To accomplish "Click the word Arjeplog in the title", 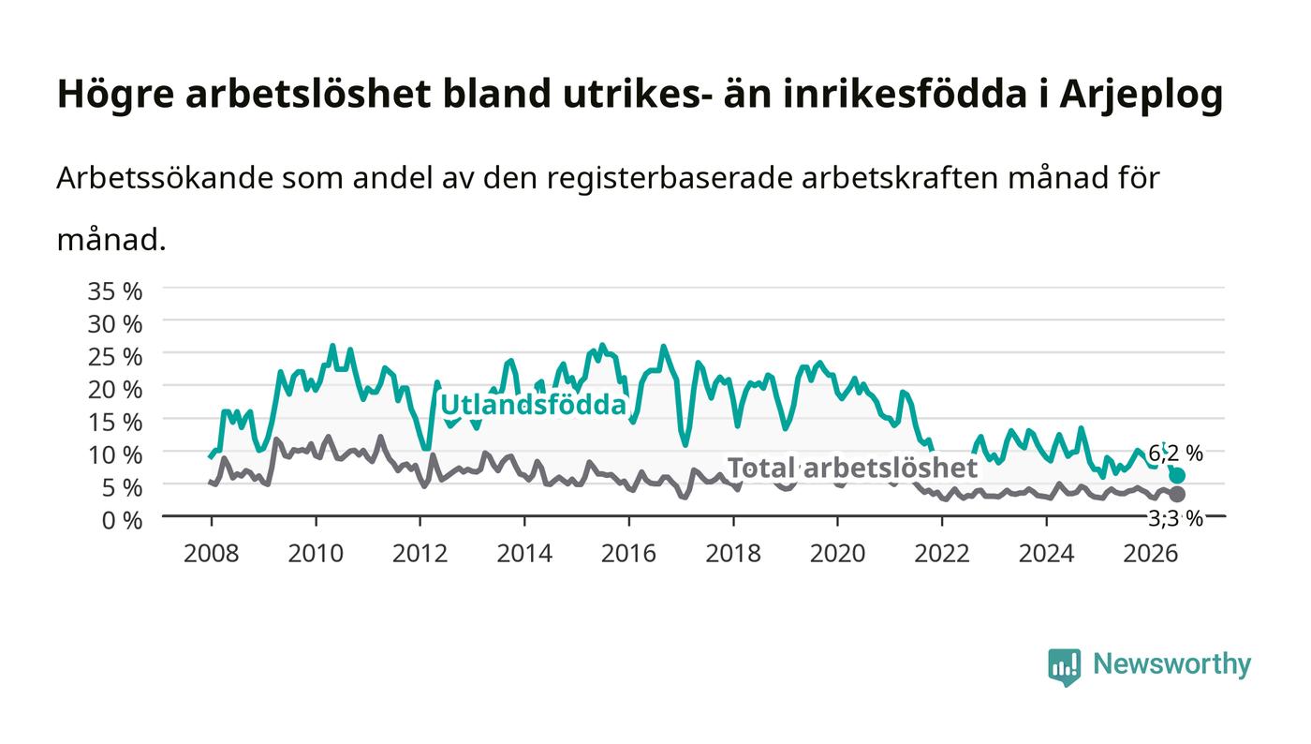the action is pos(1142,95).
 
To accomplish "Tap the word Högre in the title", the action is pos(115,95).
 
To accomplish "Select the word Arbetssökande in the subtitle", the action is pos(165,178).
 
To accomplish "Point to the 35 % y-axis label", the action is pos(114,291).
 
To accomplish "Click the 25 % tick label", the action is pos(114,357).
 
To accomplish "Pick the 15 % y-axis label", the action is pos(114,423).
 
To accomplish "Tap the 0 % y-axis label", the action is pos(122,520).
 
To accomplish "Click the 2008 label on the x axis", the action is pos(212,554).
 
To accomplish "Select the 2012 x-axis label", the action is pos(420,554).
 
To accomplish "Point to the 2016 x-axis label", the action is pos(628,554).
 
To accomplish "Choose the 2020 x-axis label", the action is pos(837,554).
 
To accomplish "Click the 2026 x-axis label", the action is pos(1151,554).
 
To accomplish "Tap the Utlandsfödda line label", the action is pos(533,405).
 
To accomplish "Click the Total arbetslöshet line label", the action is pos(852,469).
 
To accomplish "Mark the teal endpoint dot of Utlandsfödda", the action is pos(1177,475).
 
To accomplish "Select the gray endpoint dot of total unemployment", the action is pos(1177,495).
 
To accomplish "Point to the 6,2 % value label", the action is pos(1175,454).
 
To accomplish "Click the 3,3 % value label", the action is pos(1175,518).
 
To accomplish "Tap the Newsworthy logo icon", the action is pos(1064,666).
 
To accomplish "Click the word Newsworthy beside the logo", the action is pos(1171,664).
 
